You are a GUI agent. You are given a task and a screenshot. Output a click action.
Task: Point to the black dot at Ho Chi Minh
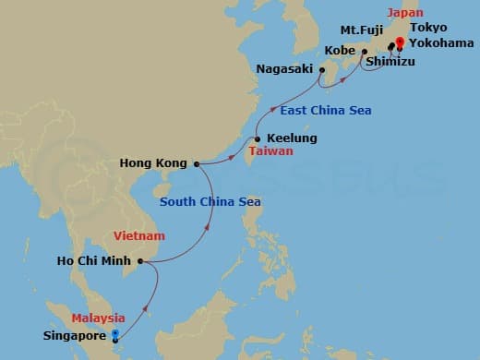(x=144, y=261)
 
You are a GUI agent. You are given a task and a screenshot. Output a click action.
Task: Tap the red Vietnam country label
(x=138, y=236)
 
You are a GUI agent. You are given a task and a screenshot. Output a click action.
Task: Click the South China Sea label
(x=210, y=202)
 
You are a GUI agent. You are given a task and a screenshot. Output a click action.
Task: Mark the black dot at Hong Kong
(x=196, y=165)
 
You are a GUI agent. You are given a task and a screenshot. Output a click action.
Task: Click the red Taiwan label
(x=271, y=150)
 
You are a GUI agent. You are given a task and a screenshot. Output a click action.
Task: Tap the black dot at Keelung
(x=257, y=139)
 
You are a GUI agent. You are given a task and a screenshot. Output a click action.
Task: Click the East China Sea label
(x=326, y=111)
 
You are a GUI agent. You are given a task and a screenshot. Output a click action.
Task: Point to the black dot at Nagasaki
(x=321, y=69)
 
